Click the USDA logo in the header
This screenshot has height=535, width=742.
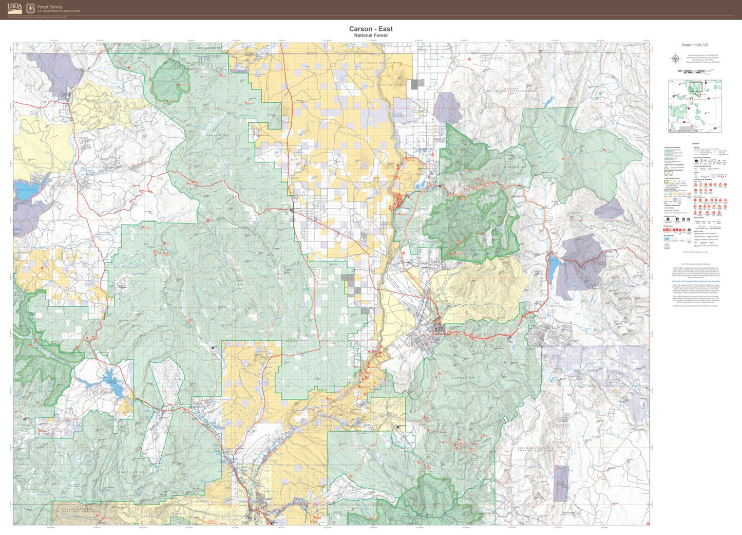pyautogui.click(x=15, y=8)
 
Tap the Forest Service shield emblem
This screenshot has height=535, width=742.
pyautogui.click(x=30, y=8)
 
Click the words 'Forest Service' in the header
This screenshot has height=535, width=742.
pyautogui.click(x=50, y=7)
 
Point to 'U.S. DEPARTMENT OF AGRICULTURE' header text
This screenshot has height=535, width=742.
pyautogui.click(x=59, y=11)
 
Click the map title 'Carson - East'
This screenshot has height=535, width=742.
pyautogui.click(x=371, y=29)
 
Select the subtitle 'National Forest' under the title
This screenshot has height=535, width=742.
pyautogui.click(x=371, y=35)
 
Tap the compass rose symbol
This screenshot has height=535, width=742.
pyautogui.click(x=675, y=58)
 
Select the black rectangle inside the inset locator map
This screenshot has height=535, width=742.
pyautogui.click(x=696, y=87)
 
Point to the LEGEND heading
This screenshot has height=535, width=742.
pyautogui.click(x=695, y=144)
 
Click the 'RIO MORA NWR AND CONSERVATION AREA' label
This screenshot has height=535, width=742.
pyautogui.click(x=536, y=450)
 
